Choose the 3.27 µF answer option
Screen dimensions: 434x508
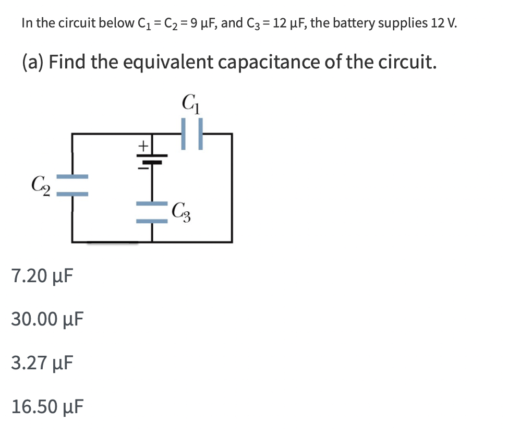pyautogui.click(x=41, y=361)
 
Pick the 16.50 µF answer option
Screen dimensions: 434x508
pyautogui.click(x=46, y=405)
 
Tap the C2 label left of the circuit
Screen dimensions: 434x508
pyautogui.click(x=40, y=184)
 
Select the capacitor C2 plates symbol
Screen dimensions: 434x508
pyautogui.click(x=72, y=185)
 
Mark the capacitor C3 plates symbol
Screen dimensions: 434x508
pyautogui.click(x=152, y=213)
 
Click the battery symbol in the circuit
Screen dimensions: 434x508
pyautogui.click(x=152, y=159)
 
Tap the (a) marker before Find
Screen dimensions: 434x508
pyautogui.click(x=33, y=63)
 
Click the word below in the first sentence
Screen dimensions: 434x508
pyautogui.click(x=116, y=23)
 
